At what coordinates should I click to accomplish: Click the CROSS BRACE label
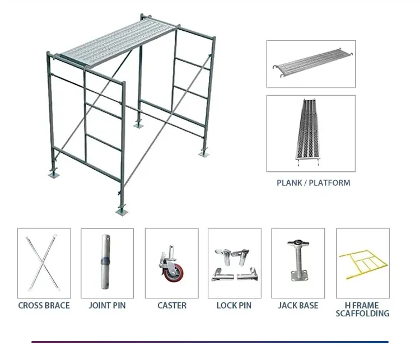click(x=44, y=306)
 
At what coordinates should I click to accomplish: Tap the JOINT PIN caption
click(x=107, y=306)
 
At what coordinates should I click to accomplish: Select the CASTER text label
click(x=171, y=306)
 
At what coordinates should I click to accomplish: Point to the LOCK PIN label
click(x=234, y=306)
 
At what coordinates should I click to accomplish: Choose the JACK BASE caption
click(x=298, y=306)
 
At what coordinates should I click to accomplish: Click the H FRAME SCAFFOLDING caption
click(x=362, y=310)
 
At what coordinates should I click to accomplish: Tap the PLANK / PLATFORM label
click(x=314, y=183)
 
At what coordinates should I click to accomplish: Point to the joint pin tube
click(x=106, y=262)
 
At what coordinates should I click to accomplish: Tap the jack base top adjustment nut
click(x=298, y=244)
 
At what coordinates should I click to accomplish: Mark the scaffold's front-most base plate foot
click(x=121, y=211)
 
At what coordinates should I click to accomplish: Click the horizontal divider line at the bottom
click(x=209, y=342)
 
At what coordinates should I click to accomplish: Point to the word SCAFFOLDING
click(x=362, y=314)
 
